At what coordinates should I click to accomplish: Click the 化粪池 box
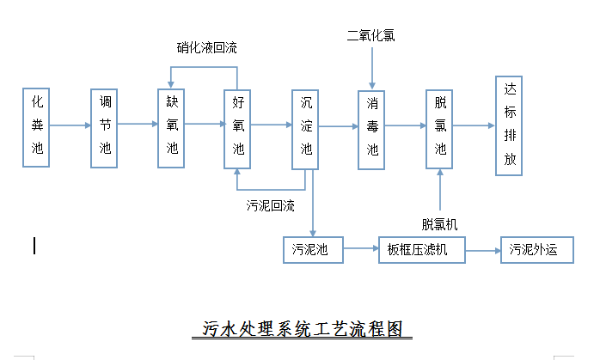click(x=36, y=125)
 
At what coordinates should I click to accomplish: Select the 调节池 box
click(x=104, y=125)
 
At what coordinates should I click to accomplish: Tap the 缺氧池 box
click(x=171, y=125)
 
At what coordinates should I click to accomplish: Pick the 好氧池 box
click(x=238, y=125)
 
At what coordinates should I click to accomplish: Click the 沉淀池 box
click(x=305, y=125)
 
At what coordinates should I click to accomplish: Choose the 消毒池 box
click(x=372, y=125)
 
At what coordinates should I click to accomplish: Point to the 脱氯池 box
click(x=439, y=125)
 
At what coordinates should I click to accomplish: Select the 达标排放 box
click(x=510, y=125)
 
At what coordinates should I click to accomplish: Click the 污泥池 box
click(x=311, y=250)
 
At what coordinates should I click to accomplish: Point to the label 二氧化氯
click(x=371, y=34)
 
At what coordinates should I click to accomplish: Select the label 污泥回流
click(x=271, y=205)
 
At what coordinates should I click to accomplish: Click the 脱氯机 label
click(x=439, y=223)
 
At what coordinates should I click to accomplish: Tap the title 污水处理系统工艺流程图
click(x=302, y=328)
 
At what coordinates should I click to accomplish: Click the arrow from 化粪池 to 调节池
click(x=70, y=125)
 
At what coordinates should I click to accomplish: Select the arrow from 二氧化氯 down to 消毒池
click(x=372, y=67)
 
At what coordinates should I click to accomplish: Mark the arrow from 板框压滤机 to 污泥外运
click(x=484, y=250)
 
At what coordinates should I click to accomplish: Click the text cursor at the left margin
click(x=34, y=246)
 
